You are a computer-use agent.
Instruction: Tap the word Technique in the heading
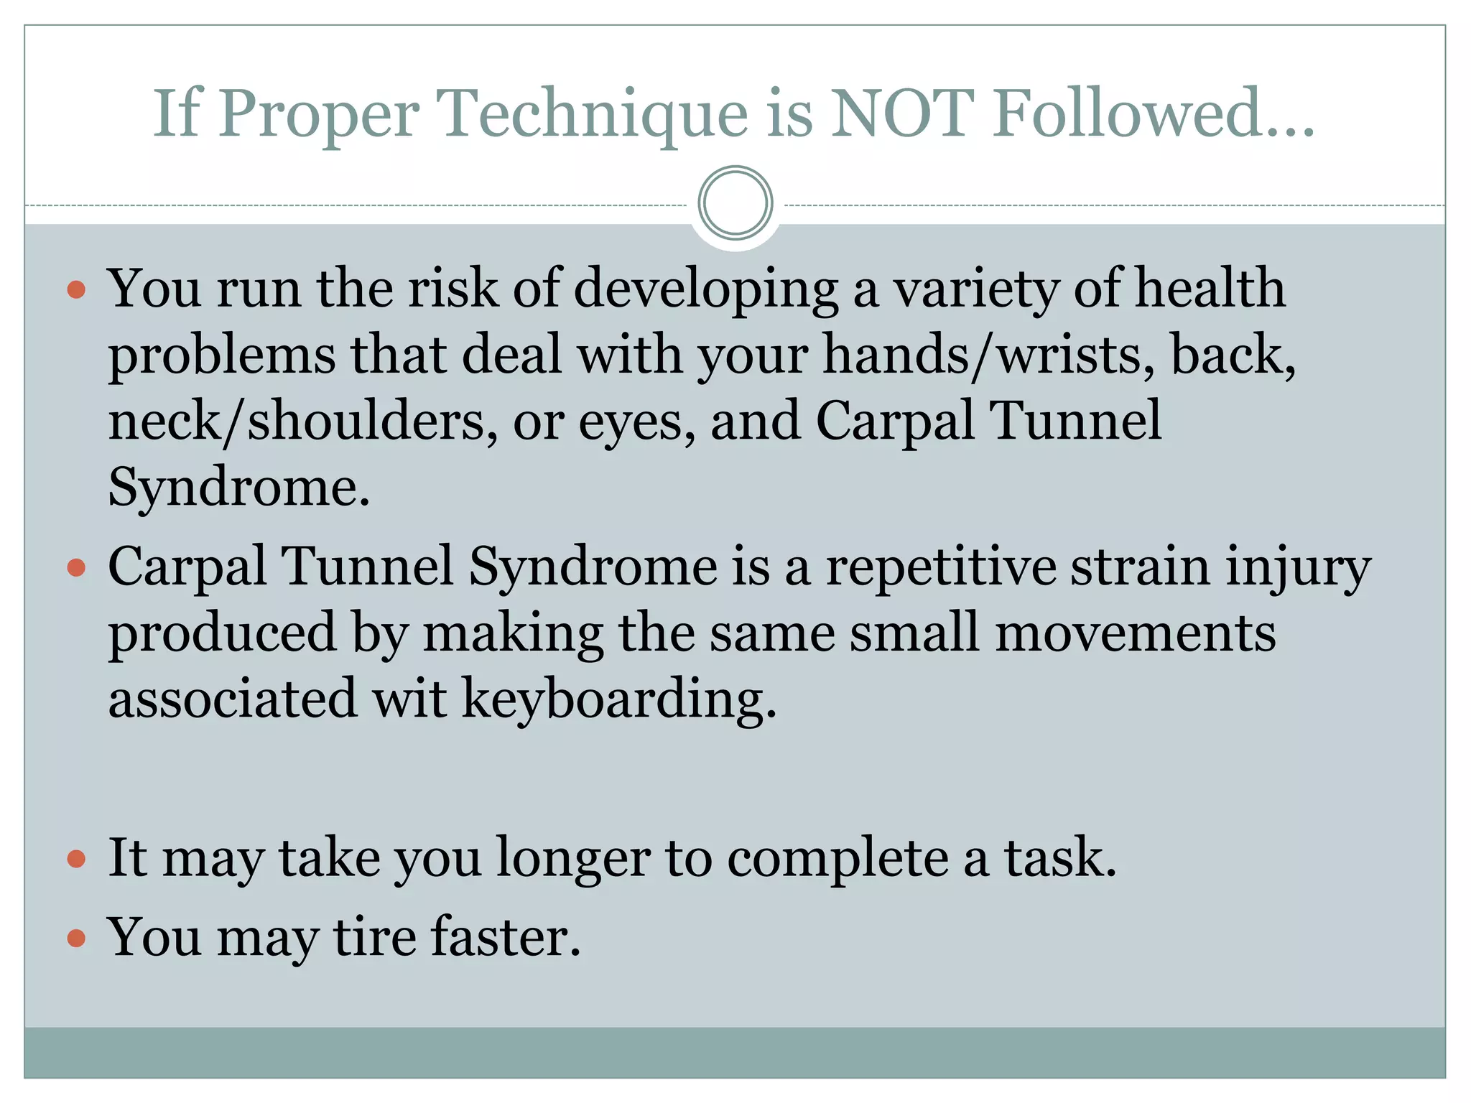592,115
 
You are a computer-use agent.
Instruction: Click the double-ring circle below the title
735,203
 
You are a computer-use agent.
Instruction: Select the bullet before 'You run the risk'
76,290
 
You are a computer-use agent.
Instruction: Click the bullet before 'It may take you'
76,859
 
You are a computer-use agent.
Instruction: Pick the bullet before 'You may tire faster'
76,939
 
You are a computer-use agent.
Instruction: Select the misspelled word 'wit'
409,699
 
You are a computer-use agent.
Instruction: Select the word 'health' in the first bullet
1210,289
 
